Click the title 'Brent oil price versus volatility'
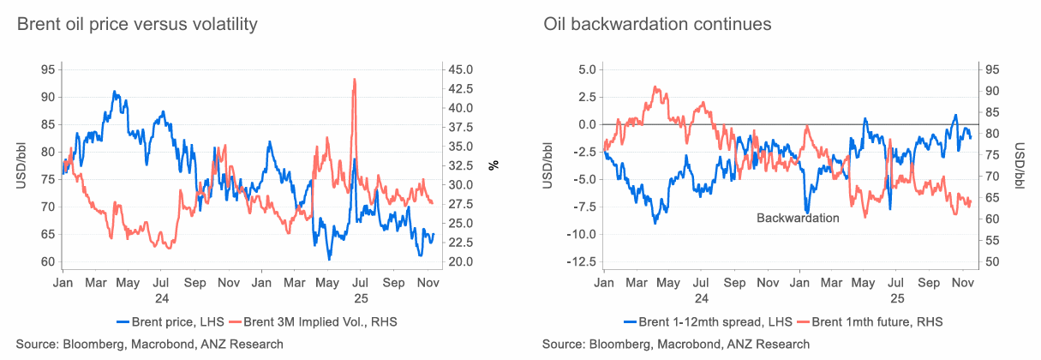137,24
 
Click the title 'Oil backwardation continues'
657,24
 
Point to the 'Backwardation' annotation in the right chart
797,218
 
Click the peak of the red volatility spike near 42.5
355,80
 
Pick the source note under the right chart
675,344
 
